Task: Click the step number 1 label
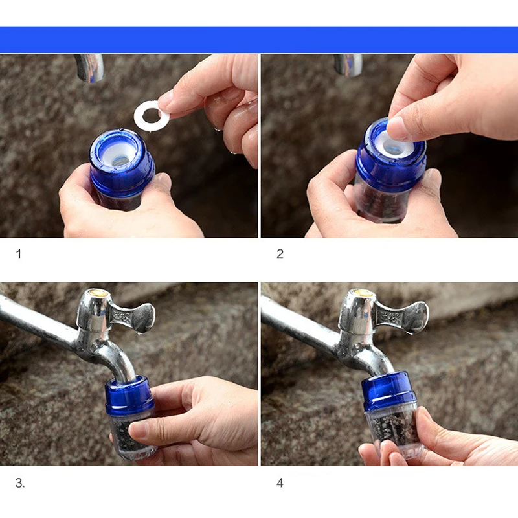(19, 254)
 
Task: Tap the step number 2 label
(280, 254)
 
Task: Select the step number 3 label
(20, 482)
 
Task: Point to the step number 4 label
(280, 482)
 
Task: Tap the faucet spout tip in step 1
(90, 76)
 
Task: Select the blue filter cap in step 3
(129, 396)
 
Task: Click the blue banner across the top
(259, 39)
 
